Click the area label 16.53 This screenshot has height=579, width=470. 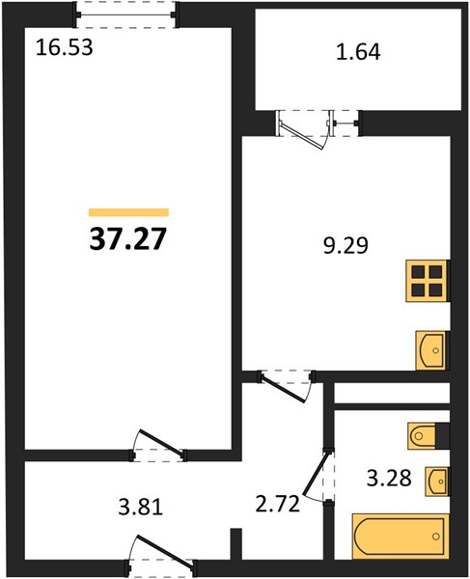tap(65, 48)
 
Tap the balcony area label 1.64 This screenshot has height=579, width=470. tap(358, 52)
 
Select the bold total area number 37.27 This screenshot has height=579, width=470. tap(127, 238)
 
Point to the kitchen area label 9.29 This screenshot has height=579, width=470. tap(346, 245)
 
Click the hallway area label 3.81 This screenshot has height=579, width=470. tap(141, 508)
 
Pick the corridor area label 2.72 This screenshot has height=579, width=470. tap(278, 504)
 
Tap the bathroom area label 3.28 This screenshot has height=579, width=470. tap(389, 479)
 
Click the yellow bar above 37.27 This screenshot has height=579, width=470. tap(128, 212)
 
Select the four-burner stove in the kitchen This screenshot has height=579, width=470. tap(428, 281)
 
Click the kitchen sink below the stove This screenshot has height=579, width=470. tap(430, 350)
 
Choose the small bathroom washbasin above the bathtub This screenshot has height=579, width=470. tap(437, 482)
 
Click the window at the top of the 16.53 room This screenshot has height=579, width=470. tap(125, 14)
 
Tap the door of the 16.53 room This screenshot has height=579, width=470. tap(159, 445)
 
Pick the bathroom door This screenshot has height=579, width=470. tap(318, 475)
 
